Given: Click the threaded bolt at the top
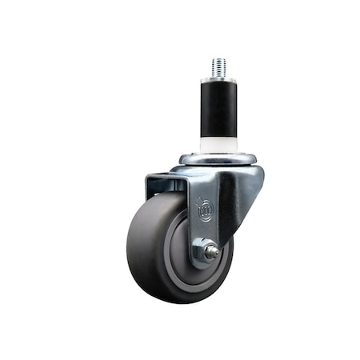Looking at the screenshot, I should [218, 67].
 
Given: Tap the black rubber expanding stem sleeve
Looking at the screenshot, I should [218, 108].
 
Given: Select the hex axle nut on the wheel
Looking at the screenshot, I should [201, 251].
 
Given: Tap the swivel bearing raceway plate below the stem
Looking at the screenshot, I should [217, 158].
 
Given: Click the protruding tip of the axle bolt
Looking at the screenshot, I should [212, 252].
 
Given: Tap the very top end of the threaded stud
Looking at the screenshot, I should [218, 58].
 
